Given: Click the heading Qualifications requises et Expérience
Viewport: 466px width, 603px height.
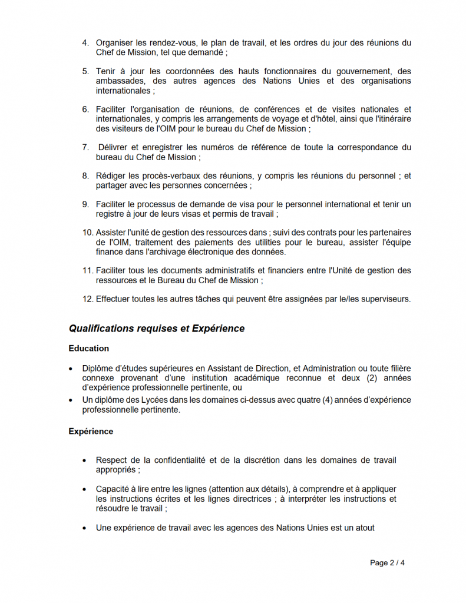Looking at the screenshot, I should (x=156, y=328).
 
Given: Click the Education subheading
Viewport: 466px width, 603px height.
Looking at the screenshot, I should (x=88, y=348).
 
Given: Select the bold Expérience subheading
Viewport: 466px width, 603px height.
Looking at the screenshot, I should (x=91, y=431).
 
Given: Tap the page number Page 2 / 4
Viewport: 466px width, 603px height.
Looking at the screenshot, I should (x=387, y=562).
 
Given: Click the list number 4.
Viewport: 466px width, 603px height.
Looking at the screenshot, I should (x=85, y=42).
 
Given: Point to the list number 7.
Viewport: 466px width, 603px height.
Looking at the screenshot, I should (x=85, y=147).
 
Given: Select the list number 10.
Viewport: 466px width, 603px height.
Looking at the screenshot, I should (x=87, y=233).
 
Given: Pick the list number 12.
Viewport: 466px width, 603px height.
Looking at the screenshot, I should (x=87, y=299).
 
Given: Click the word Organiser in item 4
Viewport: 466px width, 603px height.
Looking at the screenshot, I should (x=115, y=42).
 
